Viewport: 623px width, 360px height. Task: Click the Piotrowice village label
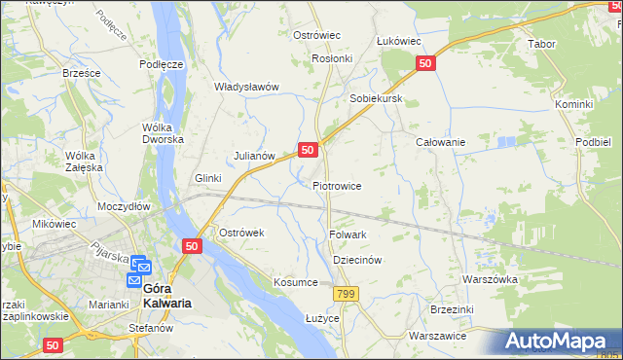(337, 186)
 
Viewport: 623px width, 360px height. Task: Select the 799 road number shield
(345, 294)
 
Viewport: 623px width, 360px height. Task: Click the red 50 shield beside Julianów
(307, 150)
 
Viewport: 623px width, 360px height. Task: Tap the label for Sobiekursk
(376, 99)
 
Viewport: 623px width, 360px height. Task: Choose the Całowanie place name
(440, 142)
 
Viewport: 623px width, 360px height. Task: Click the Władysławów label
(247, 87)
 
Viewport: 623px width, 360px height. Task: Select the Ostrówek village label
(241, 234)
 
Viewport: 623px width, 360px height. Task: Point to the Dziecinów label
(356, 261)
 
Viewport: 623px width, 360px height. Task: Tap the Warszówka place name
(490, 279)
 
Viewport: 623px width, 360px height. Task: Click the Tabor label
(541, 45)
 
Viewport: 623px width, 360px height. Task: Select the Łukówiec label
(398, 41)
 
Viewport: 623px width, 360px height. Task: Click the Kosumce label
(296, 282)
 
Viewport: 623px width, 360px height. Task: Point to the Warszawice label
(437, 336)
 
